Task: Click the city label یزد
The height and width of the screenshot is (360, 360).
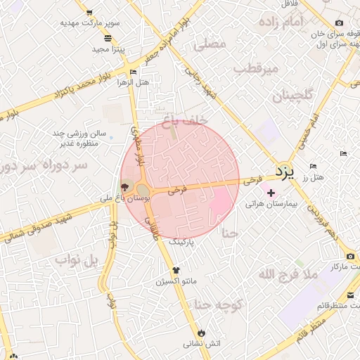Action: (x=282, y=172)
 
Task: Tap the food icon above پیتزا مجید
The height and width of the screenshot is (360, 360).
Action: (x=108, y=39)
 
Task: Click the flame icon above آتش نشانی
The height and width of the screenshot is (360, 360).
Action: (x=202, y=333)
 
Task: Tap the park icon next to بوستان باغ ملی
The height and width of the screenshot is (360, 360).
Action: (x=125, y=188)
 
